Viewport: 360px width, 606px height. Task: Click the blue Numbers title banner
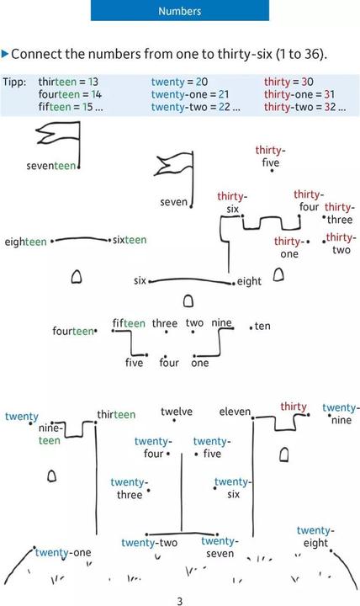[180, 10]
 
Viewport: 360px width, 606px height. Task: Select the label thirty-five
[270, 157]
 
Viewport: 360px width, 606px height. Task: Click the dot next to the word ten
[251, 328]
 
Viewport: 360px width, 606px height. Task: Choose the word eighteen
[25, 242]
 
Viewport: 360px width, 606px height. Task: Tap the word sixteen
[130, 240]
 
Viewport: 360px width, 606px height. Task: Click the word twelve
[177, 412]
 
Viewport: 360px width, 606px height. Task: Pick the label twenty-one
[63, 553]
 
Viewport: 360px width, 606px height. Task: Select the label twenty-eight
[315, 536]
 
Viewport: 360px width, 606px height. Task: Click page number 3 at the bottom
[180, 601]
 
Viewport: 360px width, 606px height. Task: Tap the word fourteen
[73, 332]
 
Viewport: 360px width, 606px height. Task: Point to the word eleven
[235, 412]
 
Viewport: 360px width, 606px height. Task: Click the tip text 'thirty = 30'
[289, 82]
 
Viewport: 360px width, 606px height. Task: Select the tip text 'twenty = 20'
[179, 82]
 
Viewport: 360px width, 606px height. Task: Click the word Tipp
[14, 82]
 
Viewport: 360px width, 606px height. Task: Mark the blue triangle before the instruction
[5, 54]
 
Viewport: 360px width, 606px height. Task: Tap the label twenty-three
[130, 488]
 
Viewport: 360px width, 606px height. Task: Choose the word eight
[249, 281]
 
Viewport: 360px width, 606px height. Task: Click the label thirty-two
[341, 243]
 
